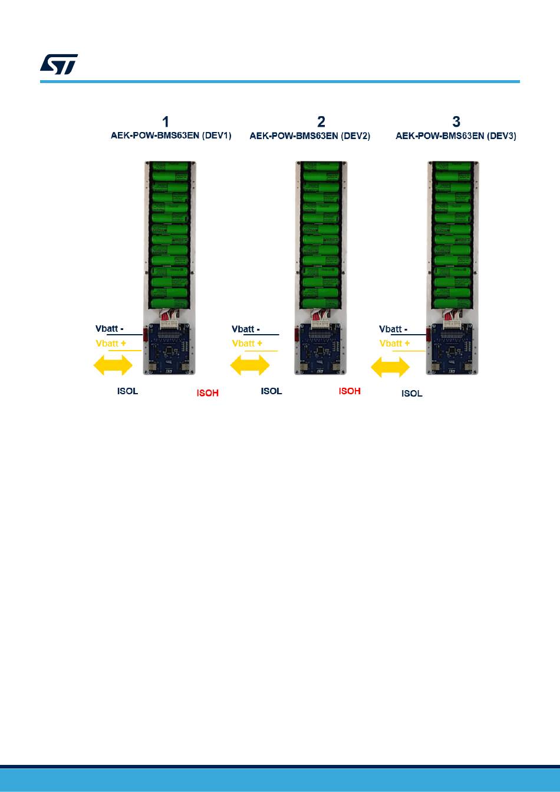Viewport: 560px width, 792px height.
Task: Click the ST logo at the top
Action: pos(59,65)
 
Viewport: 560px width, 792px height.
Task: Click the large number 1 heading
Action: pos(166,122)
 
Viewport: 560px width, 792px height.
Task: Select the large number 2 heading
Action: pos(321,122)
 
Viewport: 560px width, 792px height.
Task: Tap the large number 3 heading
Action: pos(456,122)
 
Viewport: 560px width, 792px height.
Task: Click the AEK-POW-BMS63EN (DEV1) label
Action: pos(171,136)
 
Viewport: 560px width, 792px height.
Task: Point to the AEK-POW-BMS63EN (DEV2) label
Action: pos(310,136)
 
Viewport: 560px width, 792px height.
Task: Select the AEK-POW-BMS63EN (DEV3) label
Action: pos(456,136)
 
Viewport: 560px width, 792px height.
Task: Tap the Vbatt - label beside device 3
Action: pos(394,329)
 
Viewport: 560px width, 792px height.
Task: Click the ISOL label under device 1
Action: pos(128,391)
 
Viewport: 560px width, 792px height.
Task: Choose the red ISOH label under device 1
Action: pos(207,393)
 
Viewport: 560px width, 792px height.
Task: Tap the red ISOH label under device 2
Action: pos(350,391)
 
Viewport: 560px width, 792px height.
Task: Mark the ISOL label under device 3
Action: pos(412,394)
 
